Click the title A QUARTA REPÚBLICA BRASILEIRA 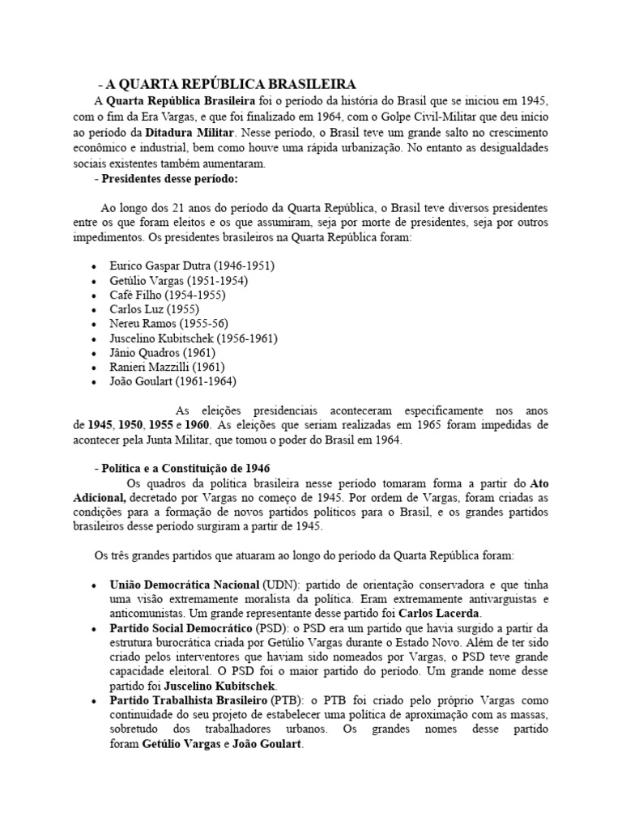[226, 84]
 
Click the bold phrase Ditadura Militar [191, 131]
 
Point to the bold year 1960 [197, 424]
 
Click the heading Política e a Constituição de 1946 [182, 469]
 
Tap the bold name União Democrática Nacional [185, 585]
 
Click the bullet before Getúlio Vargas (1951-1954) [95, 281]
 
